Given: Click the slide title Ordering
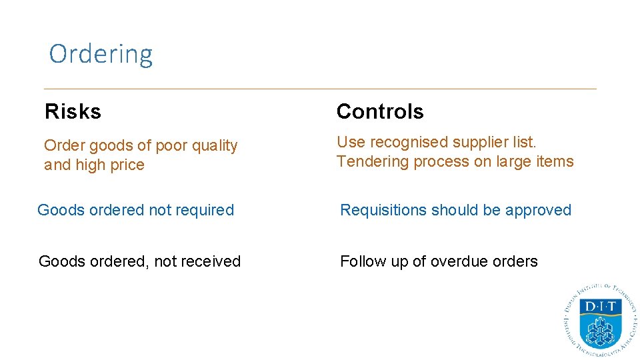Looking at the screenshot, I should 101,54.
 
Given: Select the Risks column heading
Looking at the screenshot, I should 73,111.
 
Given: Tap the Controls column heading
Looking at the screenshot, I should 380,111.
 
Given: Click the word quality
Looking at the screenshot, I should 213,146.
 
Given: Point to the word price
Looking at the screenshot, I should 127,165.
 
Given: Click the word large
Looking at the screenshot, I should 509,162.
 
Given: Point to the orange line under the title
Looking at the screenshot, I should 320,89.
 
